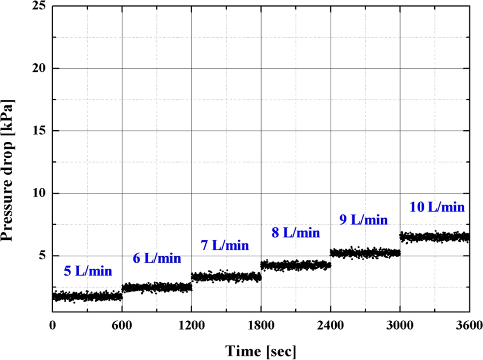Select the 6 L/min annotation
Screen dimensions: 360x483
click(x=157, y=258)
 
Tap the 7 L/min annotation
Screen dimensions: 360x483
click(x=225, y=246)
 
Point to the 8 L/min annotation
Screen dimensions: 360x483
click(x=295, y=233)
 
